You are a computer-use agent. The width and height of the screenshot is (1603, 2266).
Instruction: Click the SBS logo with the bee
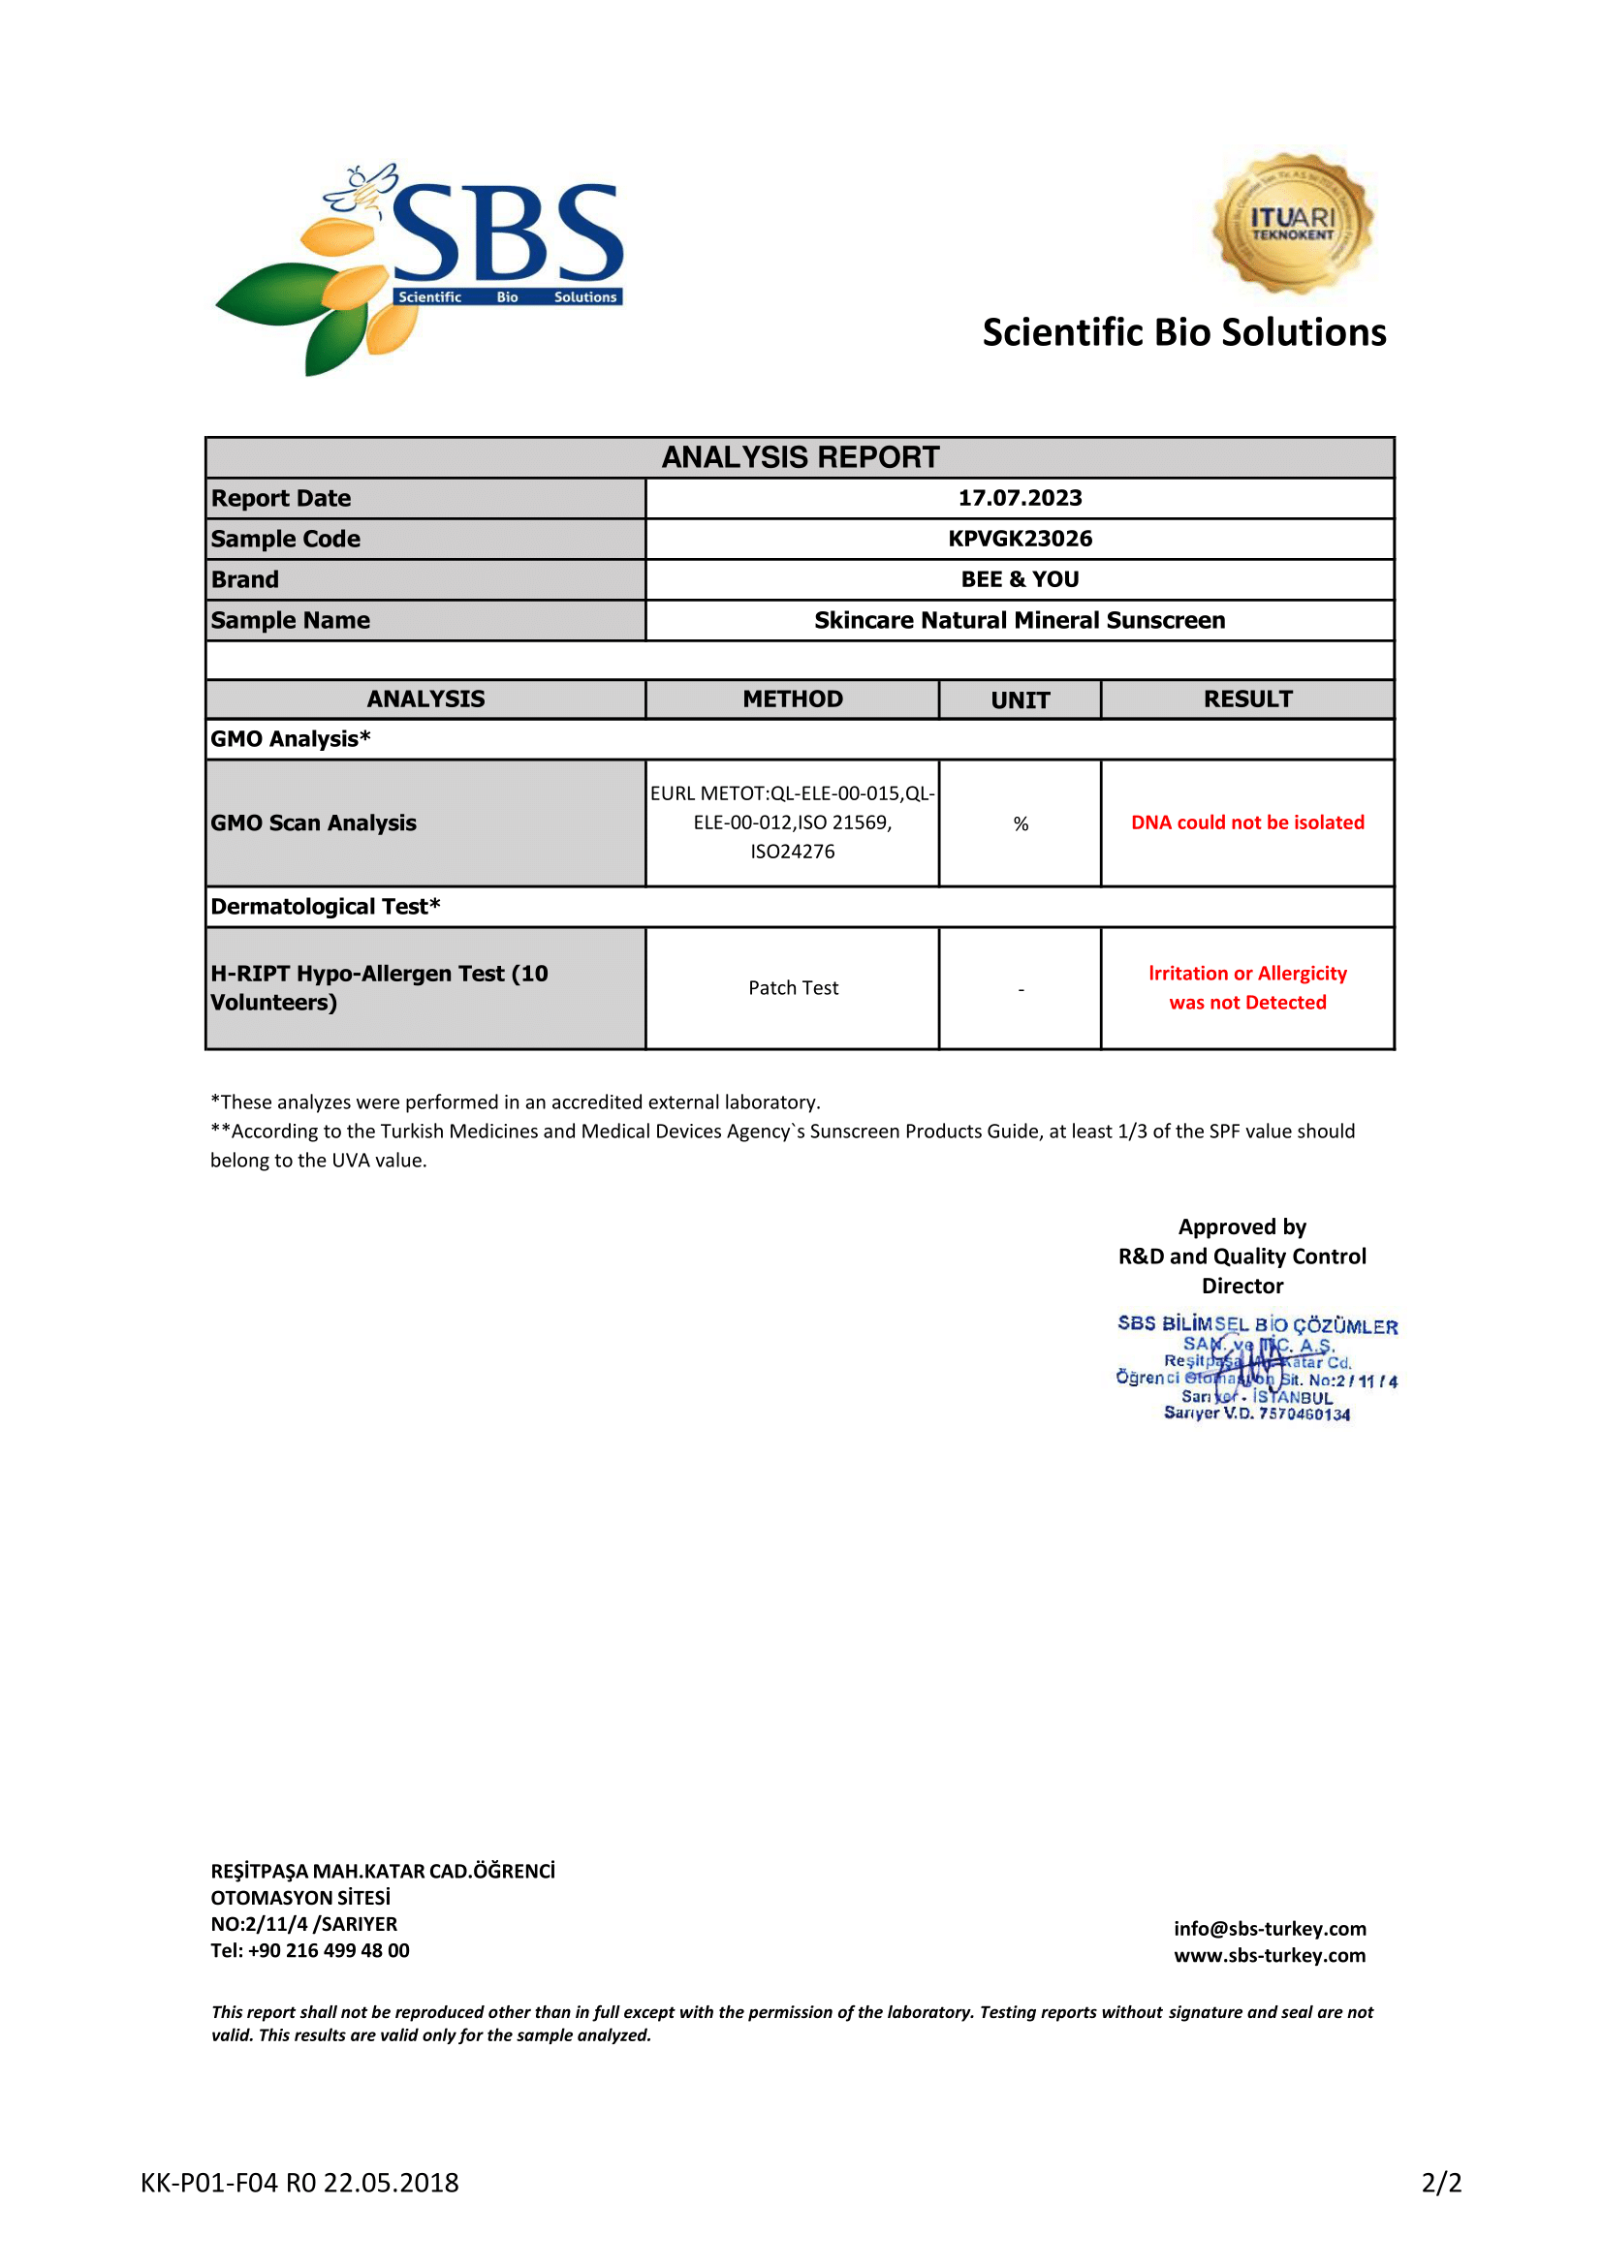(421, 266)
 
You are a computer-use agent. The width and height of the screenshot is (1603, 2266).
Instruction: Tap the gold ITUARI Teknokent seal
(1292, 223)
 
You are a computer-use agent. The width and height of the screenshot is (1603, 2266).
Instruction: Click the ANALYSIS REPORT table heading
(800, 458)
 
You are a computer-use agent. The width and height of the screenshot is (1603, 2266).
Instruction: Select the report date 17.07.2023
(1020, 498)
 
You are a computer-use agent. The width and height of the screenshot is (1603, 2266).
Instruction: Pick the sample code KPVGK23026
(1020, 539)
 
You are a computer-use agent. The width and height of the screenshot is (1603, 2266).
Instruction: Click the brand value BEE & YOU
(1020, 579)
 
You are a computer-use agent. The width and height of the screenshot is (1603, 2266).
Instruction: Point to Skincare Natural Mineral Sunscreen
(1020, 621)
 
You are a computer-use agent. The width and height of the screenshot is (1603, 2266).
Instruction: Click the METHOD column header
(793, 699)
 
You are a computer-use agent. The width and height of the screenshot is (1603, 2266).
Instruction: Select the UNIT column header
(1020, 700)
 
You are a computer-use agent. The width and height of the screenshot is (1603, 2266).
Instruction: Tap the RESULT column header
(1247, 699)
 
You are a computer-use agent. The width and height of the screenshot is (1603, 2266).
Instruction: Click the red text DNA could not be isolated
(1247, 823)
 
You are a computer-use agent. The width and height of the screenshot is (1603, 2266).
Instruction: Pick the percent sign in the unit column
(1021, 824)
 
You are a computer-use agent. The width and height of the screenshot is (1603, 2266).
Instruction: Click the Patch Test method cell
(793, 988)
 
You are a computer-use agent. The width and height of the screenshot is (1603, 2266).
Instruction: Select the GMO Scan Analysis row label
(314, 823)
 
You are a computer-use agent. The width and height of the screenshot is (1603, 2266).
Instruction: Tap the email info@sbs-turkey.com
(1270, 1929)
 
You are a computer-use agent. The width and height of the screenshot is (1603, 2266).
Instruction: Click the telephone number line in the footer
(310, 1950)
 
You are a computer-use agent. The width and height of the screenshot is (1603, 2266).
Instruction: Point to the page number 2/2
(1441, 2183)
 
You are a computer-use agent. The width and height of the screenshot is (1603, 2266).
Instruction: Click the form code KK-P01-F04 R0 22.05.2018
(300, 2183)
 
